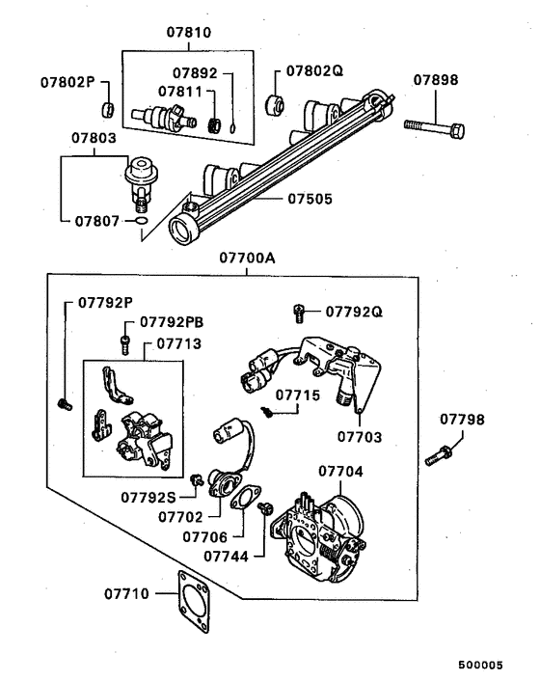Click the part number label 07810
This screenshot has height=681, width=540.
(189, 32)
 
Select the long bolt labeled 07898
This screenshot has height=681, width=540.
(434, 125)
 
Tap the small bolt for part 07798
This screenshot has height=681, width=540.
(439, 454)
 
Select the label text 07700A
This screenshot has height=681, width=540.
(247, 258)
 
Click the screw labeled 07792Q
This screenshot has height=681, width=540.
(300, 312)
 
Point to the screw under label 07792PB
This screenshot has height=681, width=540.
(124, 341)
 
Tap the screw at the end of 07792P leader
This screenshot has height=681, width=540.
(66, 403)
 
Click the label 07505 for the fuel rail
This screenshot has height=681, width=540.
(309, 200)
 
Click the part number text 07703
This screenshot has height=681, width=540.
(360, 437)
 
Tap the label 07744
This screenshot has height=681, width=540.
(228, 556)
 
